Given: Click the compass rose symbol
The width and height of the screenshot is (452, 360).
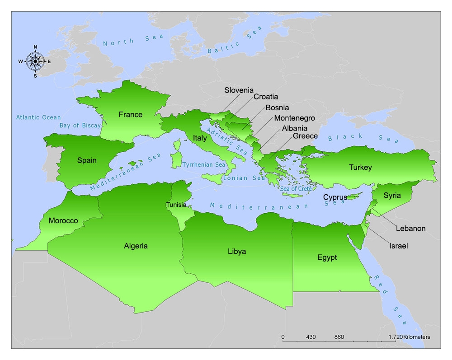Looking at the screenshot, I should pos(35,61).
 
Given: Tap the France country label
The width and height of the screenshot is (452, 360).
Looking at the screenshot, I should pos(130,114).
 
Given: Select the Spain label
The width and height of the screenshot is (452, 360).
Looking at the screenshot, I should pos(87,160).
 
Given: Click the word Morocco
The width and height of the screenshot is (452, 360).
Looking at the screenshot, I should pos(63,221).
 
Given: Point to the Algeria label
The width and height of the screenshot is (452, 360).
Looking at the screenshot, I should pos(136,246).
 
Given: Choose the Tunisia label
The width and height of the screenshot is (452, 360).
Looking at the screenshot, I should pos(176,205).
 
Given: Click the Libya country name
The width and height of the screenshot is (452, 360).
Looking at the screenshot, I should pos(237,251).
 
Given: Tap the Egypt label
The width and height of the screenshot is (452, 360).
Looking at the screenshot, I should pos(327,257).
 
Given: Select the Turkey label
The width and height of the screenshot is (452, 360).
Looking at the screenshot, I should pos(360,168).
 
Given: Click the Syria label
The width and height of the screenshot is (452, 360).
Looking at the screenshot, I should pos(392,196).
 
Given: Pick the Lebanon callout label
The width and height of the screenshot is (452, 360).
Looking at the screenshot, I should pos(410,228).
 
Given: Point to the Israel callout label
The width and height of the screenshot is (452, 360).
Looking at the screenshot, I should pos(398,246).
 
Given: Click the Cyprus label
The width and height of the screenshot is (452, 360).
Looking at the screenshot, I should pos(335,197).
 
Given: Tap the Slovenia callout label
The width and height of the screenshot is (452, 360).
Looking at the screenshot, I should pos(239,90).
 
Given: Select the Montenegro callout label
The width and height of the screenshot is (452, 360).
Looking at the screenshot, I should pos(294,118).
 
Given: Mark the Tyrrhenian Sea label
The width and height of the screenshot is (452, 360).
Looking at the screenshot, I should pos(203,165).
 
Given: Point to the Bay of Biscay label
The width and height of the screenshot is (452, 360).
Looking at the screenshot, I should pos(80,126).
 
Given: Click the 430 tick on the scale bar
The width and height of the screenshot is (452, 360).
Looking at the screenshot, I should pos(311,337).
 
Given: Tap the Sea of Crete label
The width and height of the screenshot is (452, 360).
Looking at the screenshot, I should pos(296,188).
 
